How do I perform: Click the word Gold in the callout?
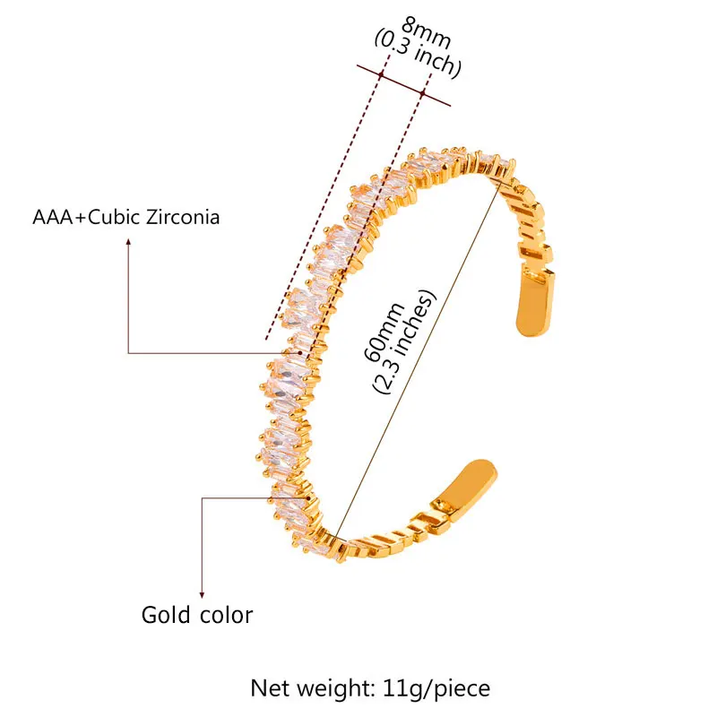[x=166, y=615]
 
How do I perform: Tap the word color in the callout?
[x=223, y=615]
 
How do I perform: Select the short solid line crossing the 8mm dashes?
[x=403, y=85]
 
